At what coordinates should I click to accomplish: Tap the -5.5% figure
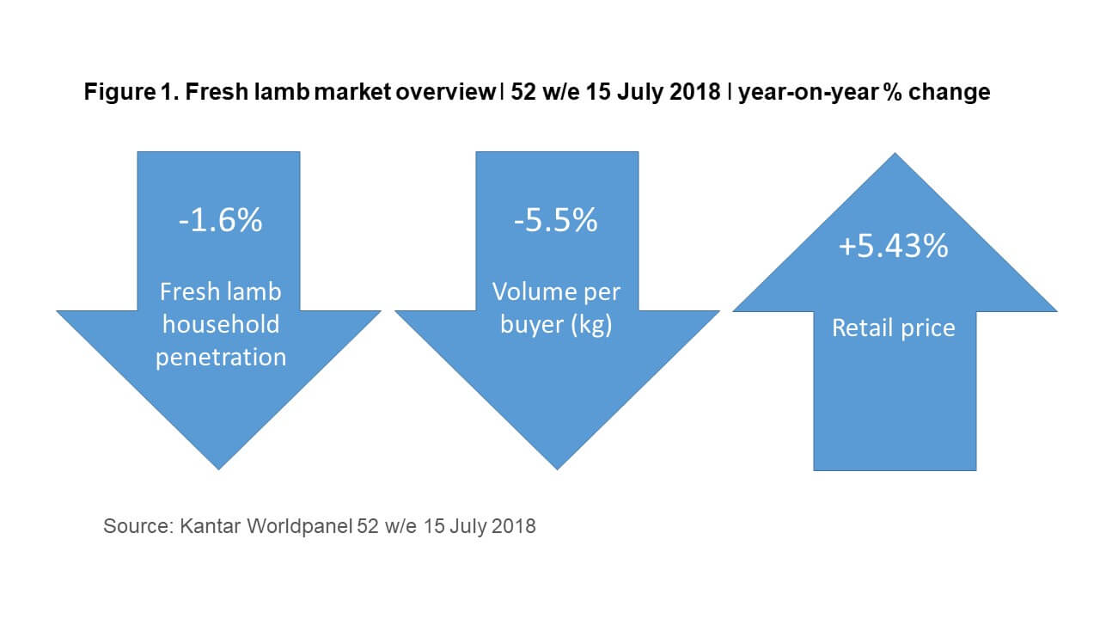click(x=556, y=221)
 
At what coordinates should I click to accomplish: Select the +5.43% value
click(x=894, y=247)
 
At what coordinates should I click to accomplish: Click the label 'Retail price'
click(x=894, y=328)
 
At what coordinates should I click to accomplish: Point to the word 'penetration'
click(x=221, y=357)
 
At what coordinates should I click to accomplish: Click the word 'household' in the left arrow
click(x=221, y=324)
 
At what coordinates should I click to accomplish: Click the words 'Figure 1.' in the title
click(x=119, y=93)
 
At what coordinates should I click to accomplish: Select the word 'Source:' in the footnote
click(x=137, y=526)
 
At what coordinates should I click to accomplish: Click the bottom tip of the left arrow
click(x=219, y=468)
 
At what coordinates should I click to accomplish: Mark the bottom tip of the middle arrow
click(x=557, y=468)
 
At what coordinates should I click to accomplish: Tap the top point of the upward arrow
click(x=895, y=156)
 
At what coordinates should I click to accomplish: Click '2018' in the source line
click(x=515, y=526)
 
